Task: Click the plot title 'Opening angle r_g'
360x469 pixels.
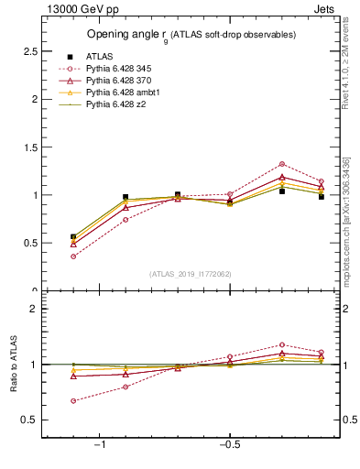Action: click(191, 35)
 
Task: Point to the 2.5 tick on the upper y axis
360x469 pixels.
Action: click(30, 51)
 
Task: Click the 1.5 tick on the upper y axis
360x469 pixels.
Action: click(30, 147)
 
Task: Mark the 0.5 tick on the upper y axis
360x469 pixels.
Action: click(30, 243)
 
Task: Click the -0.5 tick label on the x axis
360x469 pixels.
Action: click(228, 445)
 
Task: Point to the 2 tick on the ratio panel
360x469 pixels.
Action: click(33, 310)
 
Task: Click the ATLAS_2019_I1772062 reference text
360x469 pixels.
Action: click(191, 273)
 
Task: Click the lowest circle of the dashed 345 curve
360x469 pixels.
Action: click(73, 256)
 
